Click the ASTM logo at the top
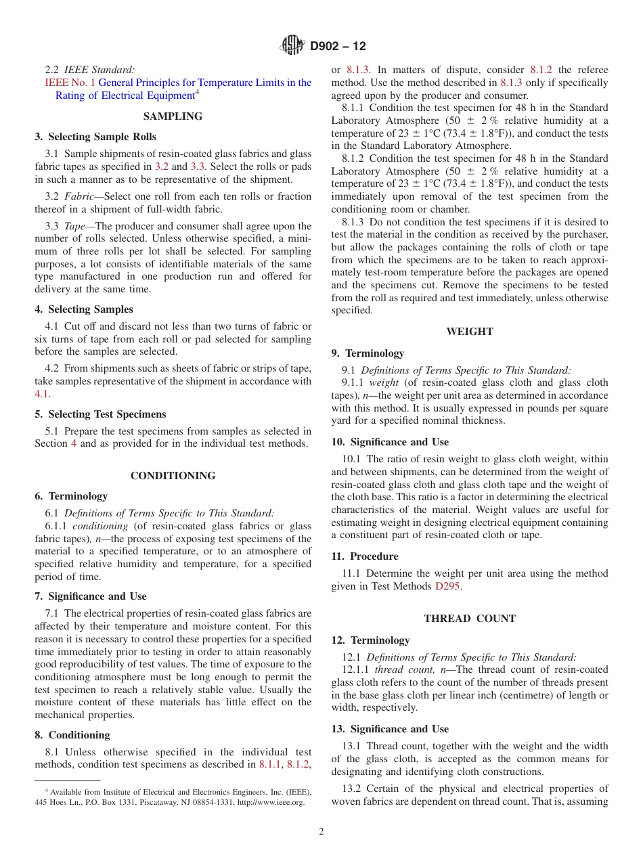pos(292,46)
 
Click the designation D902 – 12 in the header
pos(338,47)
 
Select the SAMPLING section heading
pos(173,116)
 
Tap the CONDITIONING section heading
pos(173,476)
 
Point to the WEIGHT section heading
pos(470,332)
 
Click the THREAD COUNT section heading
pos(470,619)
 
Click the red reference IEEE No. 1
pos(70,83)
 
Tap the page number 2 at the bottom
pos(321,832)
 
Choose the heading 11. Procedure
pos(365,556)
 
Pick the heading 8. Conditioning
pos(72,735)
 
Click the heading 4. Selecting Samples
pos(84,309)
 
